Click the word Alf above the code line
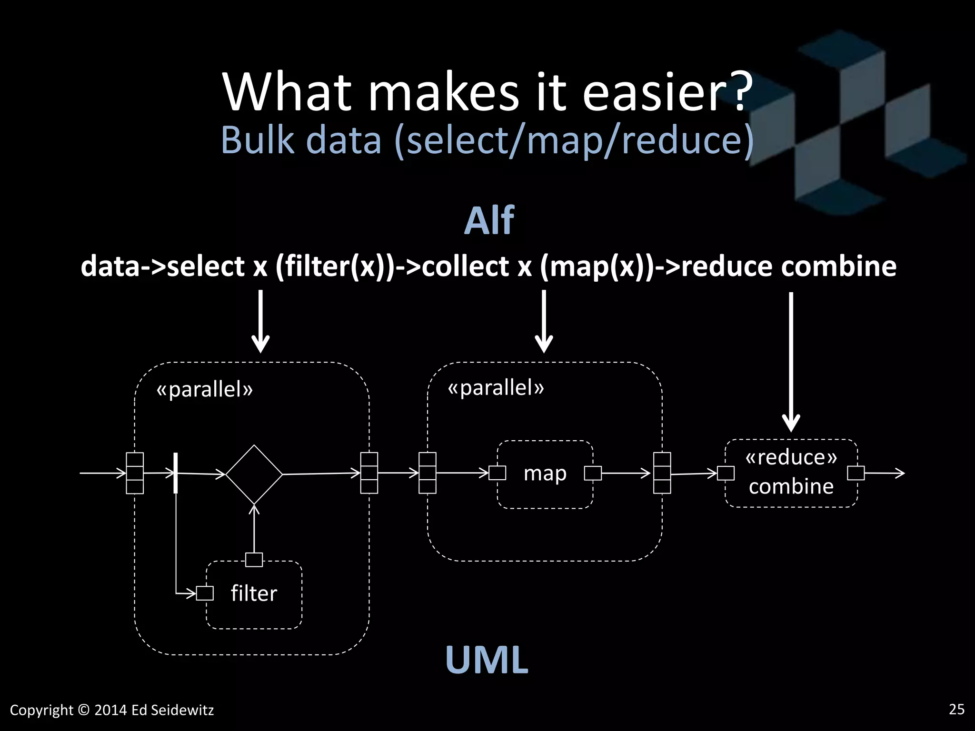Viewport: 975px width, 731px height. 489,221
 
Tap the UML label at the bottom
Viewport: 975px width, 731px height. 487,660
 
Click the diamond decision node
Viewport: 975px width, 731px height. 254,474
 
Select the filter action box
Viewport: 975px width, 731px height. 254,595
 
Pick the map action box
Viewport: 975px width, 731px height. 545,474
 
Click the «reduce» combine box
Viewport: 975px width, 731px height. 791,473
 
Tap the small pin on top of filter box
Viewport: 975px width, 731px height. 254,560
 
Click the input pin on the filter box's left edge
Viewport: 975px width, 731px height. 205,593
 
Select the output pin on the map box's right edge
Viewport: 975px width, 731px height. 593,473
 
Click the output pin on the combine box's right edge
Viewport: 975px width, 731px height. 856,473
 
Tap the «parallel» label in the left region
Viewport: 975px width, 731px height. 205,390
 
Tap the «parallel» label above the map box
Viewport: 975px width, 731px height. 496,388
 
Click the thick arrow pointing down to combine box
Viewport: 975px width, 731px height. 791,362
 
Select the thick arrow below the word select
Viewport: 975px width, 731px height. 260,321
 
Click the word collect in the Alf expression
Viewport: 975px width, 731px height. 465,266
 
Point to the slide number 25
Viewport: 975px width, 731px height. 956,709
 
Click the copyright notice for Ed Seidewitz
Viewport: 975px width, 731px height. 112,710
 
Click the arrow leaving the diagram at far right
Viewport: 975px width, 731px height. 885,473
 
